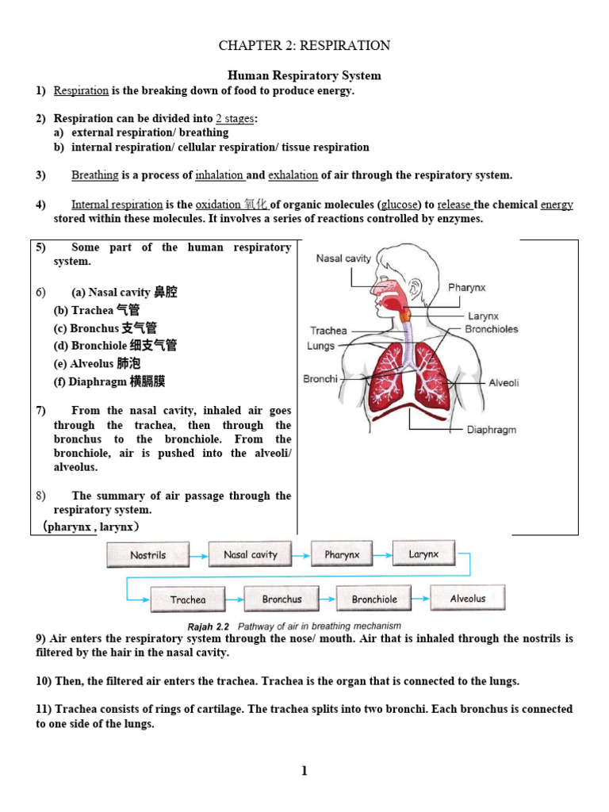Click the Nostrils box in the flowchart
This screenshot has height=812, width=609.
point(148,555)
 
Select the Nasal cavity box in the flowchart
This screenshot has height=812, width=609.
point(251,554)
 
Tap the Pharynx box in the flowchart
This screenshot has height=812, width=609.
point(342,554)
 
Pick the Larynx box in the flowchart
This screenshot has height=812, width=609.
point(423,553)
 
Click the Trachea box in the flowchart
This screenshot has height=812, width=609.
point(188,599)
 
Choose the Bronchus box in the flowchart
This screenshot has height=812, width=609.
point(282,599)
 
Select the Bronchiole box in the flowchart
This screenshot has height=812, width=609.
point(374,599)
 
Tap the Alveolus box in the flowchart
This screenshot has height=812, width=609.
point(467,598)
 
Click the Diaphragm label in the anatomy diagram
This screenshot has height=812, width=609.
point(492,430)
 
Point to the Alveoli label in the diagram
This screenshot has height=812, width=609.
point(504,382)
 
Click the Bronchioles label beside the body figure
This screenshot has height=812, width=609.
point(492,329)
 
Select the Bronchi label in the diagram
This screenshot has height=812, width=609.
point(320,379)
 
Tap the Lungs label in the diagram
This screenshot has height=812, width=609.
point(320,346)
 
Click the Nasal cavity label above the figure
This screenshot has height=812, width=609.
point(343,259)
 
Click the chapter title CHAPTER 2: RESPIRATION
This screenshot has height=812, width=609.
point(304,45)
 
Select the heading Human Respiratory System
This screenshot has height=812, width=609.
point(304,76)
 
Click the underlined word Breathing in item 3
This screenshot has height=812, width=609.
point(95,175)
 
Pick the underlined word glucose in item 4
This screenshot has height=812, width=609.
point(400,205)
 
